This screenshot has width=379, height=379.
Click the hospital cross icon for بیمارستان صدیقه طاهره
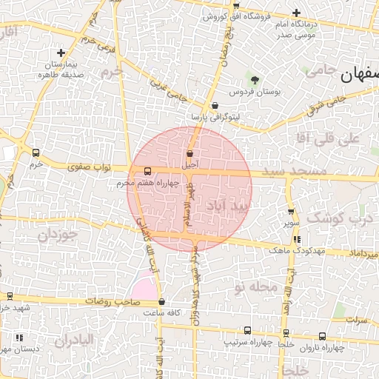click(61, 53)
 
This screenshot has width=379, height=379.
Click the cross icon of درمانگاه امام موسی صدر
click(296, 13)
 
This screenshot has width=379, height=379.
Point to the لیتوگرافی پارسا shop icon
click(215, 106)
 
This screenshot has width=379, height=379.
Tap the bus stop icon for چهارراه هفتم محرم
click(147, 170)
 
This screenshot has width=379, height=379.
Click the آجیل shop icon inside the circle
click(190, 154)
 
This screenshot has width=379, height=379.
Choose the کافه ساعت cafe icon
click(162, 301)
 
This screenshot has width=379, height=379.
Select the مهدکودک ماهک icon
click(298, 239)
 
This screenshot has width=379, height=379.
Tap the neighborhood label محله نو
click(255, 285)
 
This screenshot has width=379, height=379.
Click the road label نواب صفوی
click(84, 167)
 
